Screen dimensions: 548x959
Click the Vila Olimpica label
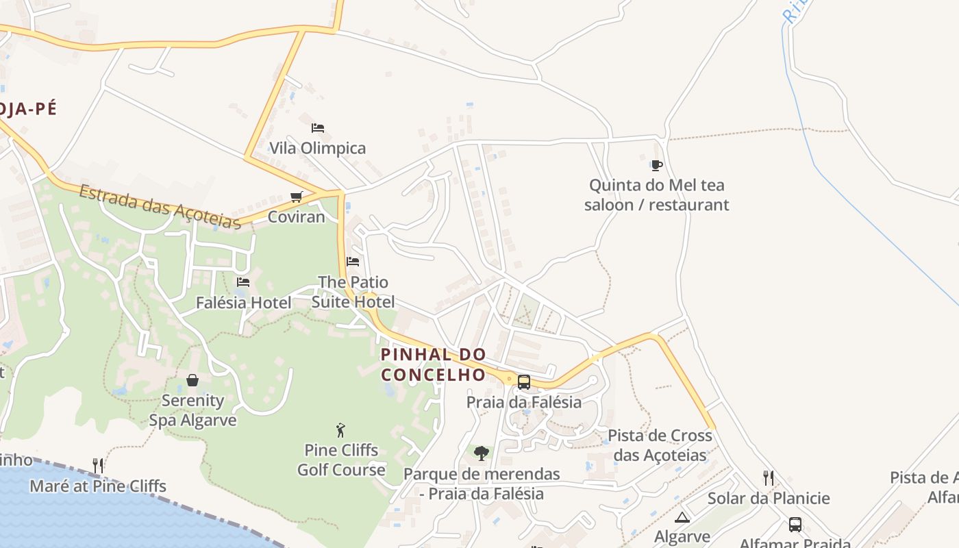click(x=317, y=148)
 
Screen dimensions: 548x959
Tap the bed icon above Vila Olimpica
click(x=317, y=128)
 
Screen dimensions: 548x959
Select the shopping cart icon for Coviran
click(x=297, y=197)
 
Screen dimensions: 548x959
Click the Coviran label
click(x=297, y=217)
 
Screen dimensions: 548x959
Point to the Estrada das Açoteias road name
click(x=160, y=206)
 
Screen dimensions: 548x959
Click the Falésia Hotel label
click(x=243, y=302)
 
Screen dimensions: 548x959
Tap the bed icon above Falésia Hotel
click(x=243, y=282)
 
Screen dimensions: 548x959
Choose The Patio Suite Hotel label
click(x=353, y=292)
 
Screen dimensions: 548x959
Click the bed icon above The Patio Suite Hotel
click(x=353, y=262)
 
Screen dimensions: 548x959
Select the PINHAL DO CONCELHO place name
click(x=434, y=364)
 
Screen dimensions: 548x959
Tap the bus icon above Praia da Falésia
click(x=524, y=382)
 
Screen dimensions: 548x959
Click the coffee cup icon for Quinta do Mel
click(x=656, y=165)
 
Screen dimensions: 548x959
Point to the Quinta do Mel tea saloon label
click(x=656, y=195)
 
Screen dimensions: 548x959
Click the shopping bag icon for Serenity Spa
click(x=192, y=380)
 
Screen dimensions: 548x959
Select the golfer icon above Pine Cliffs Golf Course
click(x=341, y=430)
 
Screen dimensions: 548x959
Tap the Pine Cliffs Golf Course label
click(x=341, y=460)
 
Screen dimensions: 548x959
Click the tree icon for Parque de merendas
click(x=482, y=453)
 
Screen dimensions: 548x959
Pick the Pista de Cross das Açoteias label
click(x=660, y=445)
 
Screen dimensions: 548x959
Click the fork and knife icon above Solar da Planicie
click(x=769, y=478)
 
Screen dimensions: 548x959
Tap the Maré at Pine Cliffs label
click(x=98, y=486)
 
